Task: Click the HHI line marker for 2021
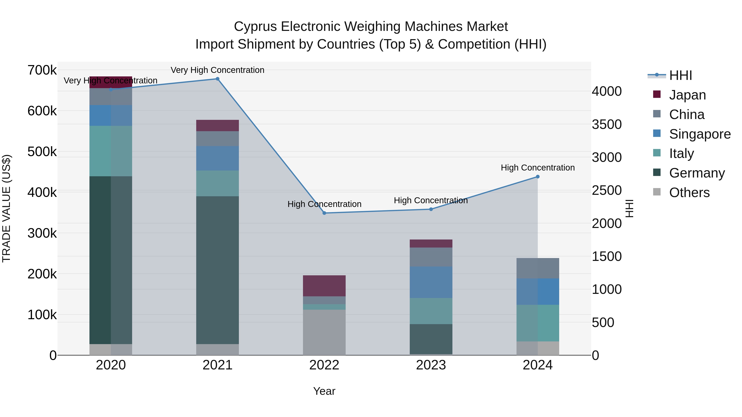coord(217,79)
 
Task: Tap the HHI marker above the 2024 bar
coord(538,177)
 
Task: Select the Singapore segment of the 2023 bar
coord(431,282)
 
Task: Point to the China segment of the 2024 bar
coord(538,268)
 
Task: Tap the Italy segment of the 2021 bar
coord(217,183)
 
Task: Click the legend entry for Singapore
coord(700,134)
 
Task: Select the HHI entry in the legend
coord(680,75)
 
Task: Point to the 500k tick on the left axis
coord(42,152)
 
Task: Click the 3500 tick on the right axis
coord(607,124)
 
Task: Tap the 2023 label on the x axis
coord(431,365)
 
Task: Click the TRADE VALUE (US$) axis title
coord(6,208)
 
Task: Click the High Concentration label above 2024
coord(538,167)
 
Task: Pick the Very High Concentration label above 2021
coord(217,70)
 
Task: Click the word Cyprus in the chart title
coord(256,27)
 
